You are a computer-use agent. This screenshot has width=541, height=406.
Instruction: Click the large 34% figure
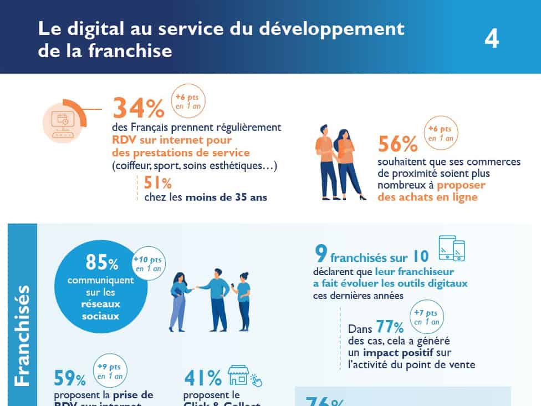pyautogui.click(x=139, y=108)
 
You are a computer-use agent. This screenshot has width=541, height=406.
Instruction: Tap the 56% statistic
pyautogui.click(x=397, y=144)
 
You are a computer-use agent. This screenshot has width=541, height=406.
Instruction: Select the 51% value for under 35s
pyautogui.click(x=158, y=182)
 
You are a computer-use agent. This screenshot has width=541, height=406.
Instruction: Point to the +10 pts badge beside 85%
pyautogui.click(x=149, y=263)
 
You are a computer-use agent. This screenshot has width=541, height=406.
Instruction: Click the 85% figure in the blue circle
pyautogui.click(x=101, y=262)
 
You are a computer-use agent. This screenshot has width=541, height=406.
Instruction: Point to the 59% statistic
pyautogui.click(x=70, y=378)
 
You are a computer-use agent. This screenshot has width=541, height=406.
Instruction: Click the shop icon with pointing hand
pyautogui.click(x=244, y=377)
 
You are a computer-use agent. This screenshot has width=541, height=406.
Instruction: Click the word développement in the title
pyautogui.click(x=329, y=28)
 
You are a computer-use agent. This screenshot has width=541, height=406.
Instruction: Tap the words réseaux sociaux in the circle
pyautogui.click(x=101, y=310)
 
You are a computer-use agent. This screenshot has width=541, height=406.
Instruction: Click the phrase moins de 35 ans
pyautogui.click(x=227, y=196)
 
